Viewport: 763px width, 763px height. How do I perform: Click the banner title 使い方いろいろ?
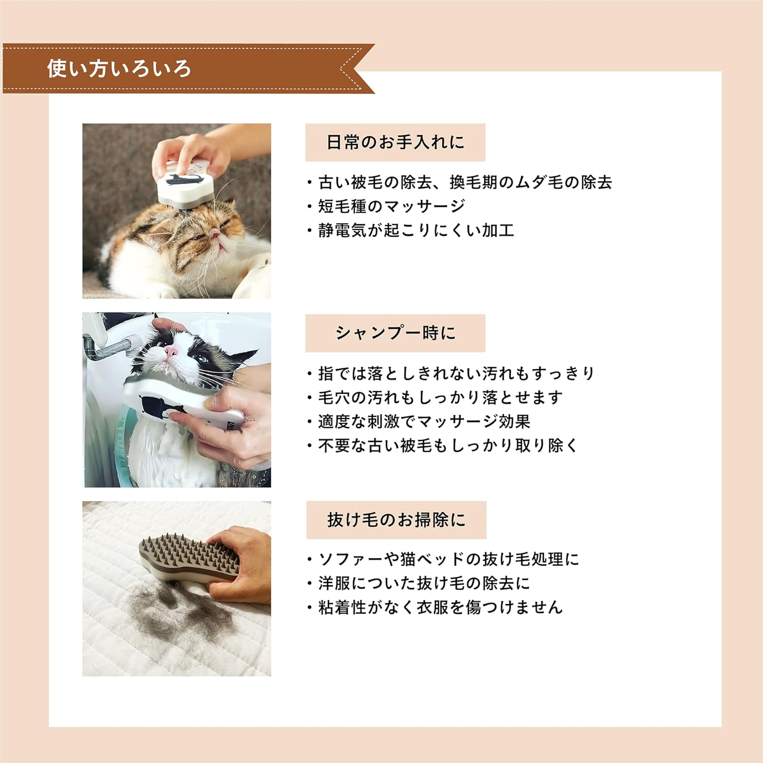pyautogui.click(x=119, y=69)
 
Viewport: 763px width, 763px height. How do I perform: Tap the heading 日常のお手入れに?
pyautogui.click(x=395, y=142)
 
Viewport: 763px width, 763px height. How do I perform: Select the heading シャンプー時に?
pyautogui.click(x=395, y=333)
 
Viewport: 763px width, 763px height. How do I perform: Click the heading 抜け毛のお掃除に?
pyautogui.click(x=396, y=520)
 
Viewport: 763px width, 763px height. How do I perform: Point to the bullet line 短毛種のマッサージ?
pyautogui.click(x=391, y=206)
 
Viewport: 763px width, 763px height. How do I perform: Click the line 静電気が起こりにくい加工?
pyautogui.click(x=415, y=230)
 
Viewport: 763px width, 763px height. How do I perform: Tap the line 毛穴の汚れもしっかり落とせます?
pyautogui.click(x=440, y=397)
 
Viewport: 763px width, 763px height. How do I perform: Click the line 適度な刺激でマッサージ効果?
pyautogui.click(x=424, y=421)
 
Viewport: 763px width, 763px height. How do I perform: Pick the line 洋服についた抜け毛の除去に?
pyautogui.click(x=424, y=583)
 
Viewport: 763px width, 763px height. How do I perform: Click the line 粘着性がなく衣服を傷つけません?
pyautogui.click(x=440, y=607)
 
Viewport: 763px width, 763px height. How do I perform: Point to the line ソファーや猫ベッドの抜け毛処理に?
pyautogui.click(x=448, y=559)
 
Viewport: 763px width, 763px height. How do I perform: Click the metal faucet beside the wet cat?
pyautogui.click(x=109, y=348)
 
